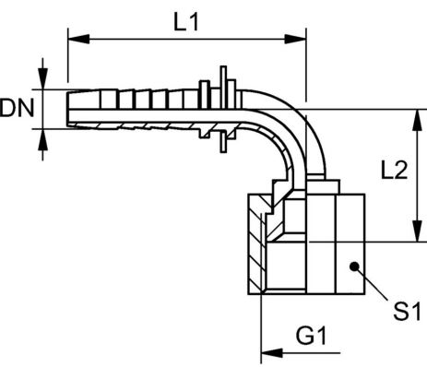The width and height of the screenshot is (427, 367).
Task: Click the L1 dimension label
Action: [186, 23]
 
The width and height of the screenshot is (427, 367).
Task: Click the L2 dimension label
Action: [394, 170]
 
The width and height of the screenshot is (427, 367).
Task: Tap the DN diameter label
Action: [17, 108]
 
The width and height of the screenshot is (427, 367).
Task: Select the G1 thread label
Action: [311, 336]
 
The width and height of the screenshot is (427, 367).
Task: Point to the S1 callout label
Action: [407, 312]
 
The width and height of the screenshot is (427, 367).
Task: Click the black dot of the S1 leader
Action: [354, 266]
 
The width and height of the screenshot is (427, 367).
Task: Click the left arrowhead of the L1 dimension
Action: [78, 39]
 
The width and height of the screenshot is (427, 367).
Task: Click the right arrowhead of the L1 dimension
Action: [295, 39]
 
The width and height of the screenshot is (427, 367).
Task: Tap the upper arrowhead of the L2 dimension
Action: [417, 120]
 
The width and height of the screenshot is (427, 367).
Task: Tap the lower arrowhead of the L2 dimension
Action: [417, 231]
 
